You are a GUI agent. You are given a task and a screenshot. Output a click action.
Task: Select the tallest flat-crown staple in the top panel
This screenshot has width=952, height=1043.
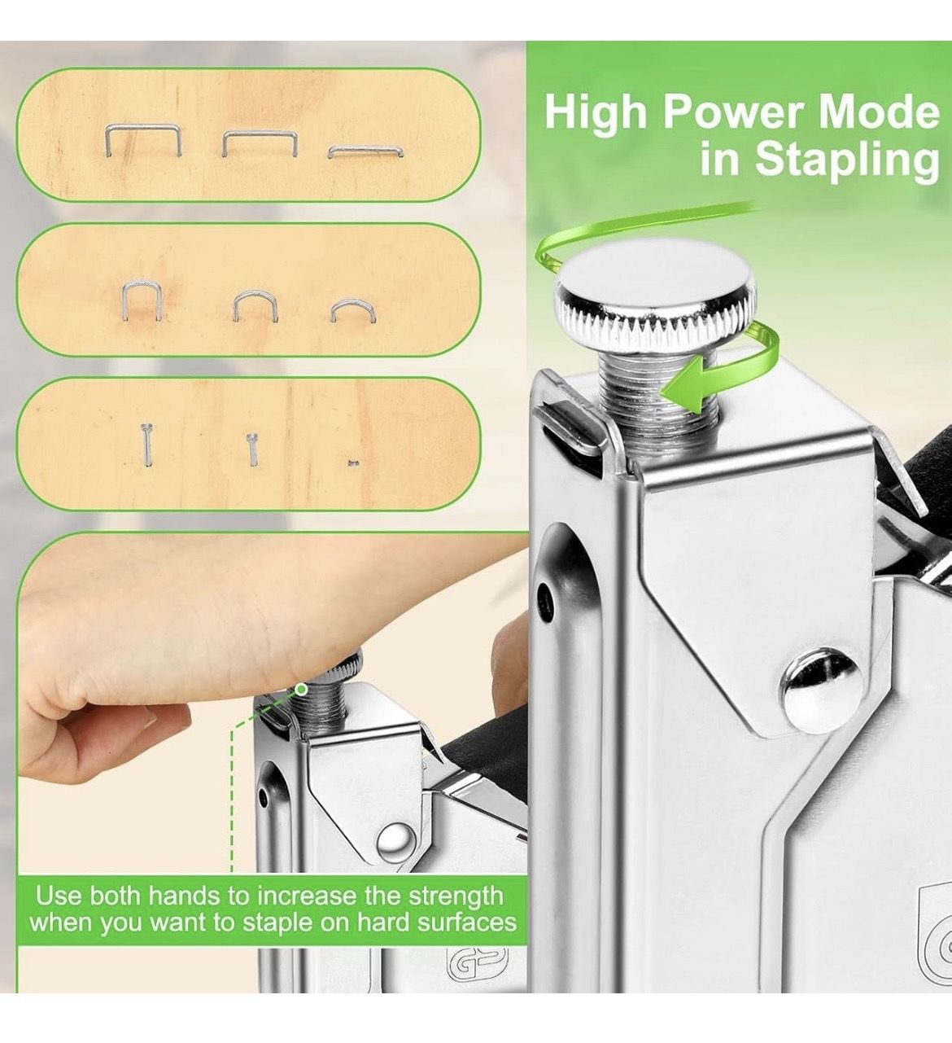click(x=143, y=139)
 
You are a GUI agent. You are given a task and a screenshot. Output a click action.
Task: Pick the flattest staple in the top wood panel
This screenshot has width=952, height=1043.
click(x=365, y=151)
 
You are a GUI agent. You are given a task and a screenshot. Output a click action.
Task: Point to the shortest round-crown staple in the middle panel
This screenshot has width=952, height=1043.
click(x=354, y=311)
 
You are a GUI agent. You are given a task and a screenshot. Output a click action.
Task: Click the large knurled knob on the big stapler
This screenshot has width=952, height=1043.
click(x=658, y=306)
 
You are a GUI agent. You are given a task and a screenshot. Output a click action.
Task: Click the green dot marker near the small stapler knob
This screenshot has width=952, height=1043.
click(x=300, y=690)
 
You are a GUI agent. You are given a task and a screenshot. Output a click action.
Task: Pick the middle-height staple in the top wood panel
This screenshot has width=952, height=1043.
click(x=260, y=143)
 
